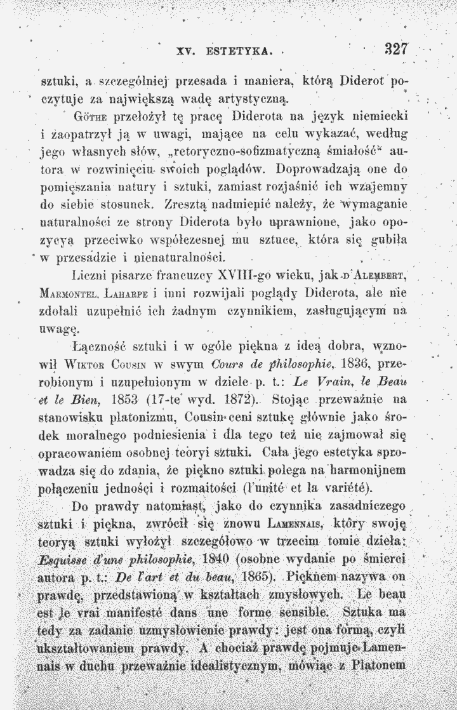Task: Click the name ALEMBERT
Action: [374, 277]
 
